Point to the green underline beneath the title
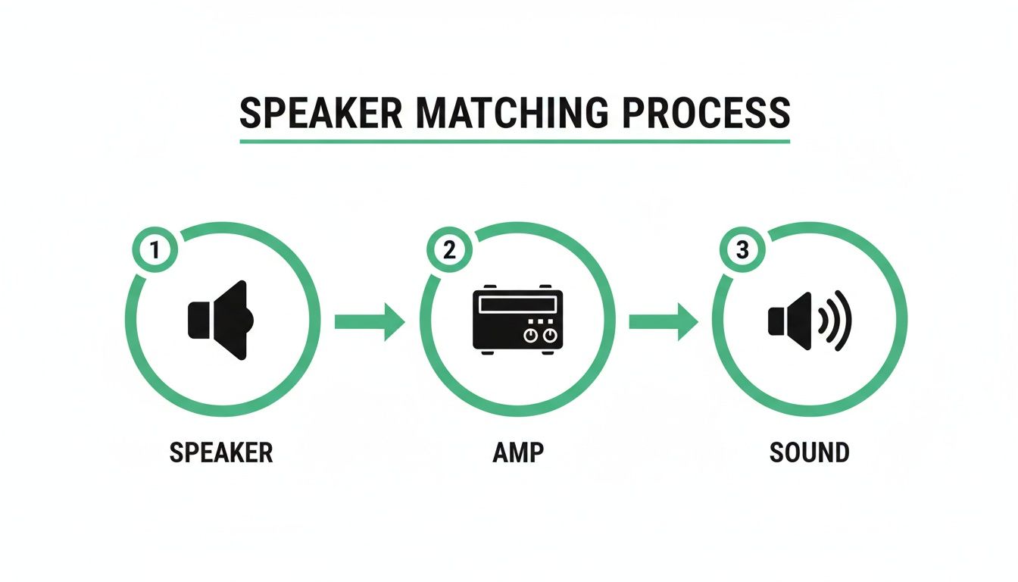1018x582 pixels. tap(514, 141)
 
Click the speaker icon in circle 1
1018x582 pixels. tap(220, 320)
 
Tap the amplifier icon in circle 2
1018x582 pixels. tap(517, 320)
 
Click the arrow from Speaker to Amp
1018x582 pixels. tap(369, 321)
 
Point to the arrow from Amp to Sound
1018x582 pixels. tap(663, 321)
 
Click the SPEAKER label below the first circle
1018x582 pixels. tap(220, 453)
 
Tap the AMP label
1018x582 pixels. tap(517, 453)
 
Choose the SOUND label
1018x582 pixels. tap(809, 453)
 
